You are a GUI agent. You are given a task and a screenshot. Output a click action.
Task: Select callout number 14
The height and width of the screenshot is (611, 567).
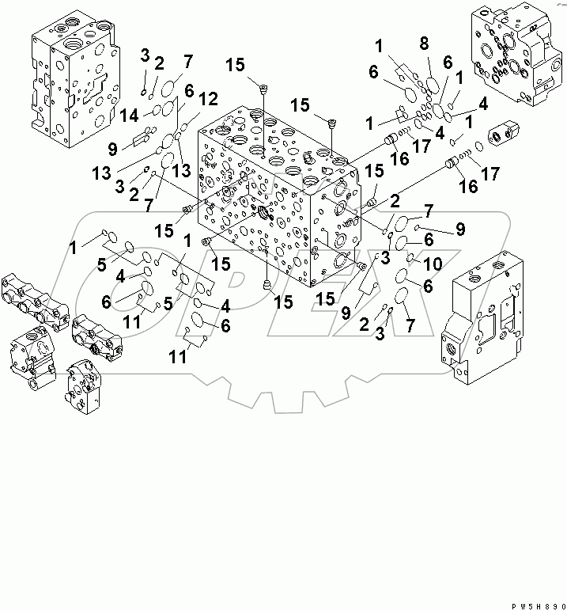[x=132, y=114]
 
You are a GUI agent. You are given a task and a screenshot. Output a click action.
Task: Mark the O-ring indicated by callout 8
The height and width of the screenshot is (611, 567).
[x=432, y=85]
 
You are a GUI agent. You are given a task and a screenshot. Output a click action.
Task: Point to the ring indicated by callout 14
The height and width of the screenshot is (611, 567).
[x=159, y=111]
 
